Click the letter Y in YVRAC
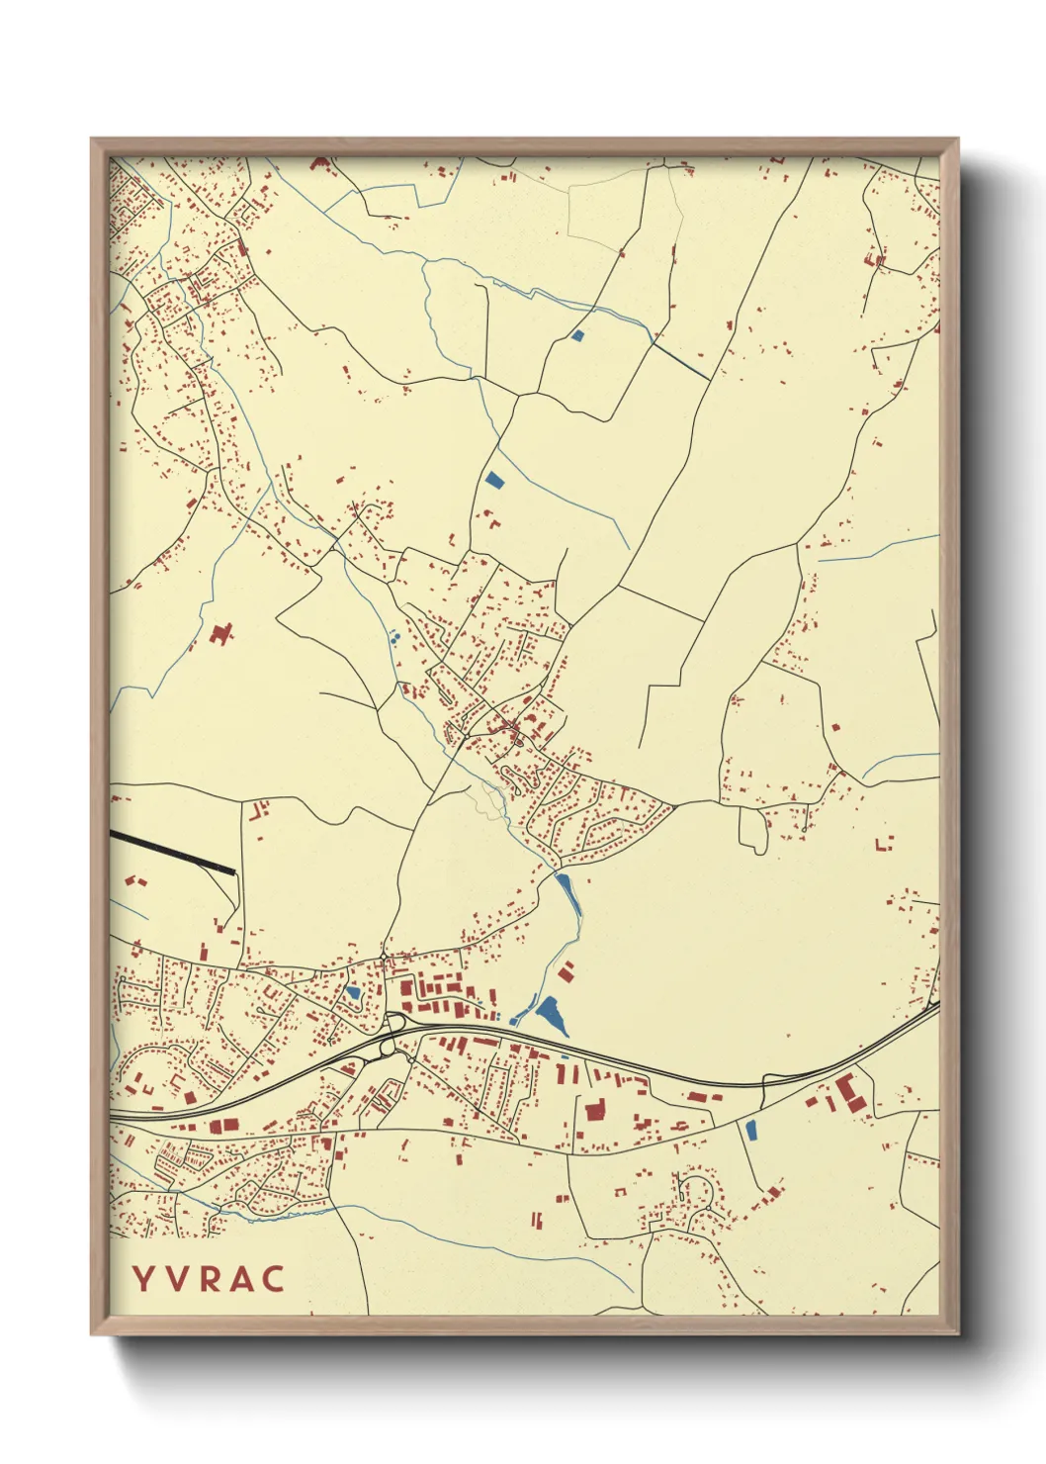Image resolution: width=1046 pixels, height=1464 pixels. tap(142, 1279)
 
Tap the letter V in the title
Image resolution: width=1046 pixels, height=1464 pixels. tap(176, 1279)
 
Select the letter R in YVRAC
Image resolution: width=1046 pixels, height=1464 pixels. tap(209, 1279)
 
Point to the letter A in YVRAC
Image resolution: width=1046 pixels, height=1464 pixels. tap(240, 1279)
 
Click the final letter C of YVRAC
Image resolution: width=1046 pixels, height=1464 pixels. tap(273, 1279)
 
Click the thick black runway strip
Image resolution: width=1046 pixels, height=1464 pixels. tap(172, 852)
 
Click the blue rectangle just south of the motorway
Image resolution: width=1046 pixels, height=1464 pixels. tap(750, 1129)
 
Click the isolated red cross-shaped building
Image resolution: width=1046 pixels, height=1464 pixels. tap(221, 633)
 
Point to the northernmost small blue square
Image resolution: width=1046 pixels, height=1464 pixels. tap(578, 336)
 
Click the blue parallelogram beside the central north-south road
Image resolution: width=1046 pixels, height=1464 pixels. tap(493, 481)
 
